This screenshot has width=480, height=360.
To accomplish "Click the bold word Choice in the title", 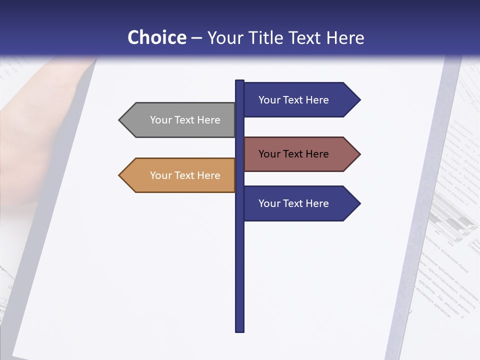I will point(156,37).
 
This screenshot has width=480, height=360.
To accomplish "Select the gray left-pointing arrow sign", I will point(180,120).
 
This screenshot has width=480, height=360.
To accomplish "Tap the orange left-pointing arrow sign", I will point(180,175).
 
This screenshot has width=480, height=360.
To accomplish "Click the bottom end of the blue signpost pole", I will point(239,329).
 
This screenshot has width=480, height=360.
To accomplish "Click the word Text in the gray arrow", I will point(185,120).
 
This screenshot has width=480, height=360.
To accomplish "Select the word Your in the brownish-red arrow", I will point(269,154).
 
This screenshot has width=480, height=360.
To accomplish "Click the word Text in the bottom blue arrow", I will point(293,203).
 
